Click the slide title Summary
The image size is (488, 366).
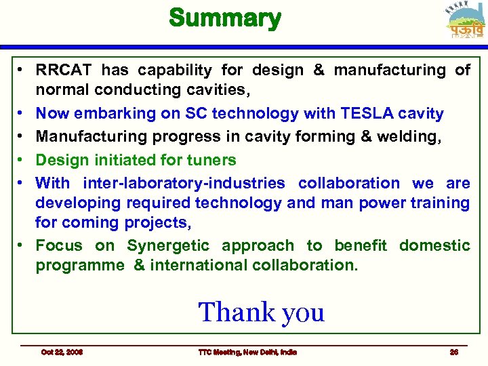[x=224, y=18]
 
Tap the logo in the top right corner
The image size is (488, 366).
[x=465, y=22]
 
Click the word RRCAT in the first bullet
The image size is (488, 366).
[x=64, y=70]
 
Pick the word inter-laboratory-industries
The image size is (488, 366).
[x=184, y=183]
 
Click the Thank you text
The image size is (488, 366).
[x=261, y=312]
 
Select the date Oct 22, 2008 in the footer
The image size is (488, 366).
[x=62, y=352]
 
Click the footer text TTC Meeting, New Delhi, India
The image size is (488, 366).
[x=247, y=352]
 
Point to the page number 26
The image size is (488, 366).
[x=454, y=352]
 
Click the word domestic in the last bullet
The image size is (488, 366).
[x=434, y=245]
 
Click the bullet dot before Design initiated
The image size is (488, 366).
[x=22, y=160]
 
